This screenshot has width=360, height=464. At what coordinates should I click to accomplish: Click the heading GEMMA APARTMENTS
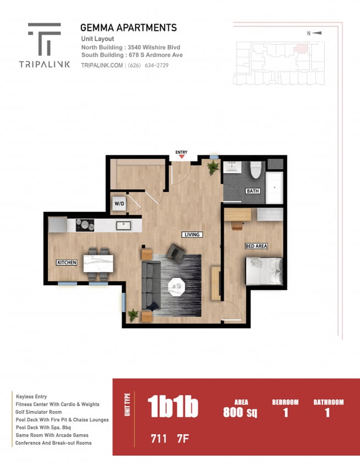click(x=128, y=27)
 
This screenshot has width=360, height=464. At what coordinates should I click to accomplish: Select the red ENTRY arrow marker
click(x=181, y=157)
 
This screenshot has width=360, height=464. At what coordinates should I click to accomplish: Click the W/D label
click(x=119, y=204)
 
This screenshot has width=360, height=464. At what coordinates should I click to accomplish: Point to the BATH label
click(x=252, y=191)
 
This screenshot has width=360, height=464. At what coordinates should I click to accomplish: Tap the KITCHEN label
click(x=67, y=263)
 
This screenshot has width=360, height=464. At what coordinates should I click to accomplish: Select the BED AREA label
click(x=256, y=246)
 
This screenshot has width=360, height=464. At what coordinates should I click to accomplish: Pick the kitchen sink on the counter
click(x=123, y=225)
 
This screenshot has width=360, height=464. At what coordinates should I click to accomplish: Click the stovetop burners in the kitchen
click(x=85, y=225)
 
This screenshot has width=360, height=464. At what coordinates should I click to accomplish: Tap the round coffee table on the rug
click(x=177, y=286)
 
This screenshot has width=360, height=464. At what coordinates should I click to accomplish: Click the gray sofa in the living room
click(x=151, y=285)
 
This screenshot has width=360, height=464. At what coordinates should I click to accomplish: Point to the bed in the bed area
click(x=264, y=271)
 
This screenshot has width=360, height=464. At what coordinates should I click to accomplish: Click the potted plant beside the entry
click(x=213, y=167)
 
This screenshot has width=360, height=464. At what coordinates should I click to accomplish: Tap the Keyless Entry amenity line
click(x=31, y=396)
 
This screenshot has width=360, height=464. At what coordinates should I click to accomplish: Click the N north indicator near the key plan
click(x=309, y=34)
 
